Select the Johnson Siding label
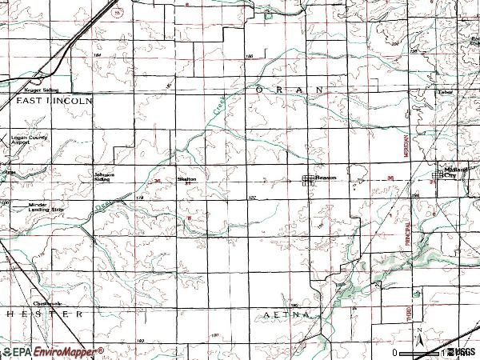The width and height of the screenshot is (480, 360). (104, 177)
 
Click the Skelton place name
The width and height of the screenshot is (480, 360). (186, 179)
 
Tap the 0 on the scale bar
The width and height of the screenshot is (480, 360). (395, 352)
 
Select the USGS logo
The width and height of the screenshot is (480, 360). (462, 352)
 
